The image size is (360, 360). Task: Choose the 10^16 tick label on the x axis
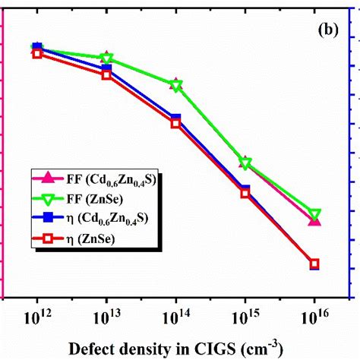[x=314, y=315]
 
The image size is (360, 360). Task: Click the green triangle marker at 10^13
[x=107, y=58]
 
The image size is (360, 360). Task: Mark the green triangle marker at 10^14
[x=176, y=86]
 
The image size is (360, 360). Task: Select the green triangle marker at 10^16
[x=314, y=215]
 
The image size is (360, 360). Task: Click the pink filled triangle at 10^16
[x=314, y=220]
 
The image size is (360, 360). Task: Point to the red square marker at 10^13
[x=107, y=74]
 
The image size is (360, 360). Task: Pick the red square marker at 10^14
[x=176, y=123]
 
